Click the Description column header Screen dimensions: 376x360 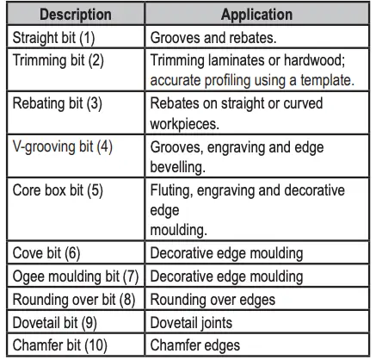pyautogui.click(x=73, y=16)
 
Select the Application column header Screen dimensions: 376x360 pyautogui.click(x=256, y=16)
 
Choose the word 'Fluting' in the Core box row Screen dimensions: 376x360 pyautogui.click(x=172, y=189)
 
